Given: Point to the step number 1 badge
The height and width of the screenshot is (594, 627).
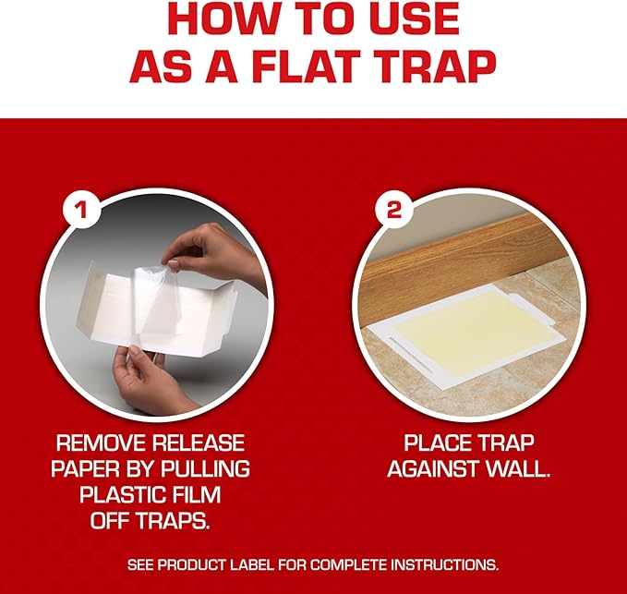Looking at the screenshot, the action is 81,210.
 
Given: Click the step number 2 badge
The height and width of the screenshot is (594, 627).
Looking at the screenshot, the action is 393,210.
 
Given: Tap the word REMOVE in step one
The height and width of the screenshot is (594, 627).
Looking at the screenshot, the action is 101,442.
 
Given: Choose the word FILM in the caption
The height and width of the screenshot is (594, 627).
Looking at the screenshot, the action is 197,495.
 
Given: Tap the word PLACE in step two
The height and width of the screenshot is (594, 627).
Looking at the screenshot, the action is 434,442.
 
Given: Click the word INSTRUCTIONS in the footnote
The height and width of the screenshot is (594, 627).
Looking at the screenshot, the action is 444,565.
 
